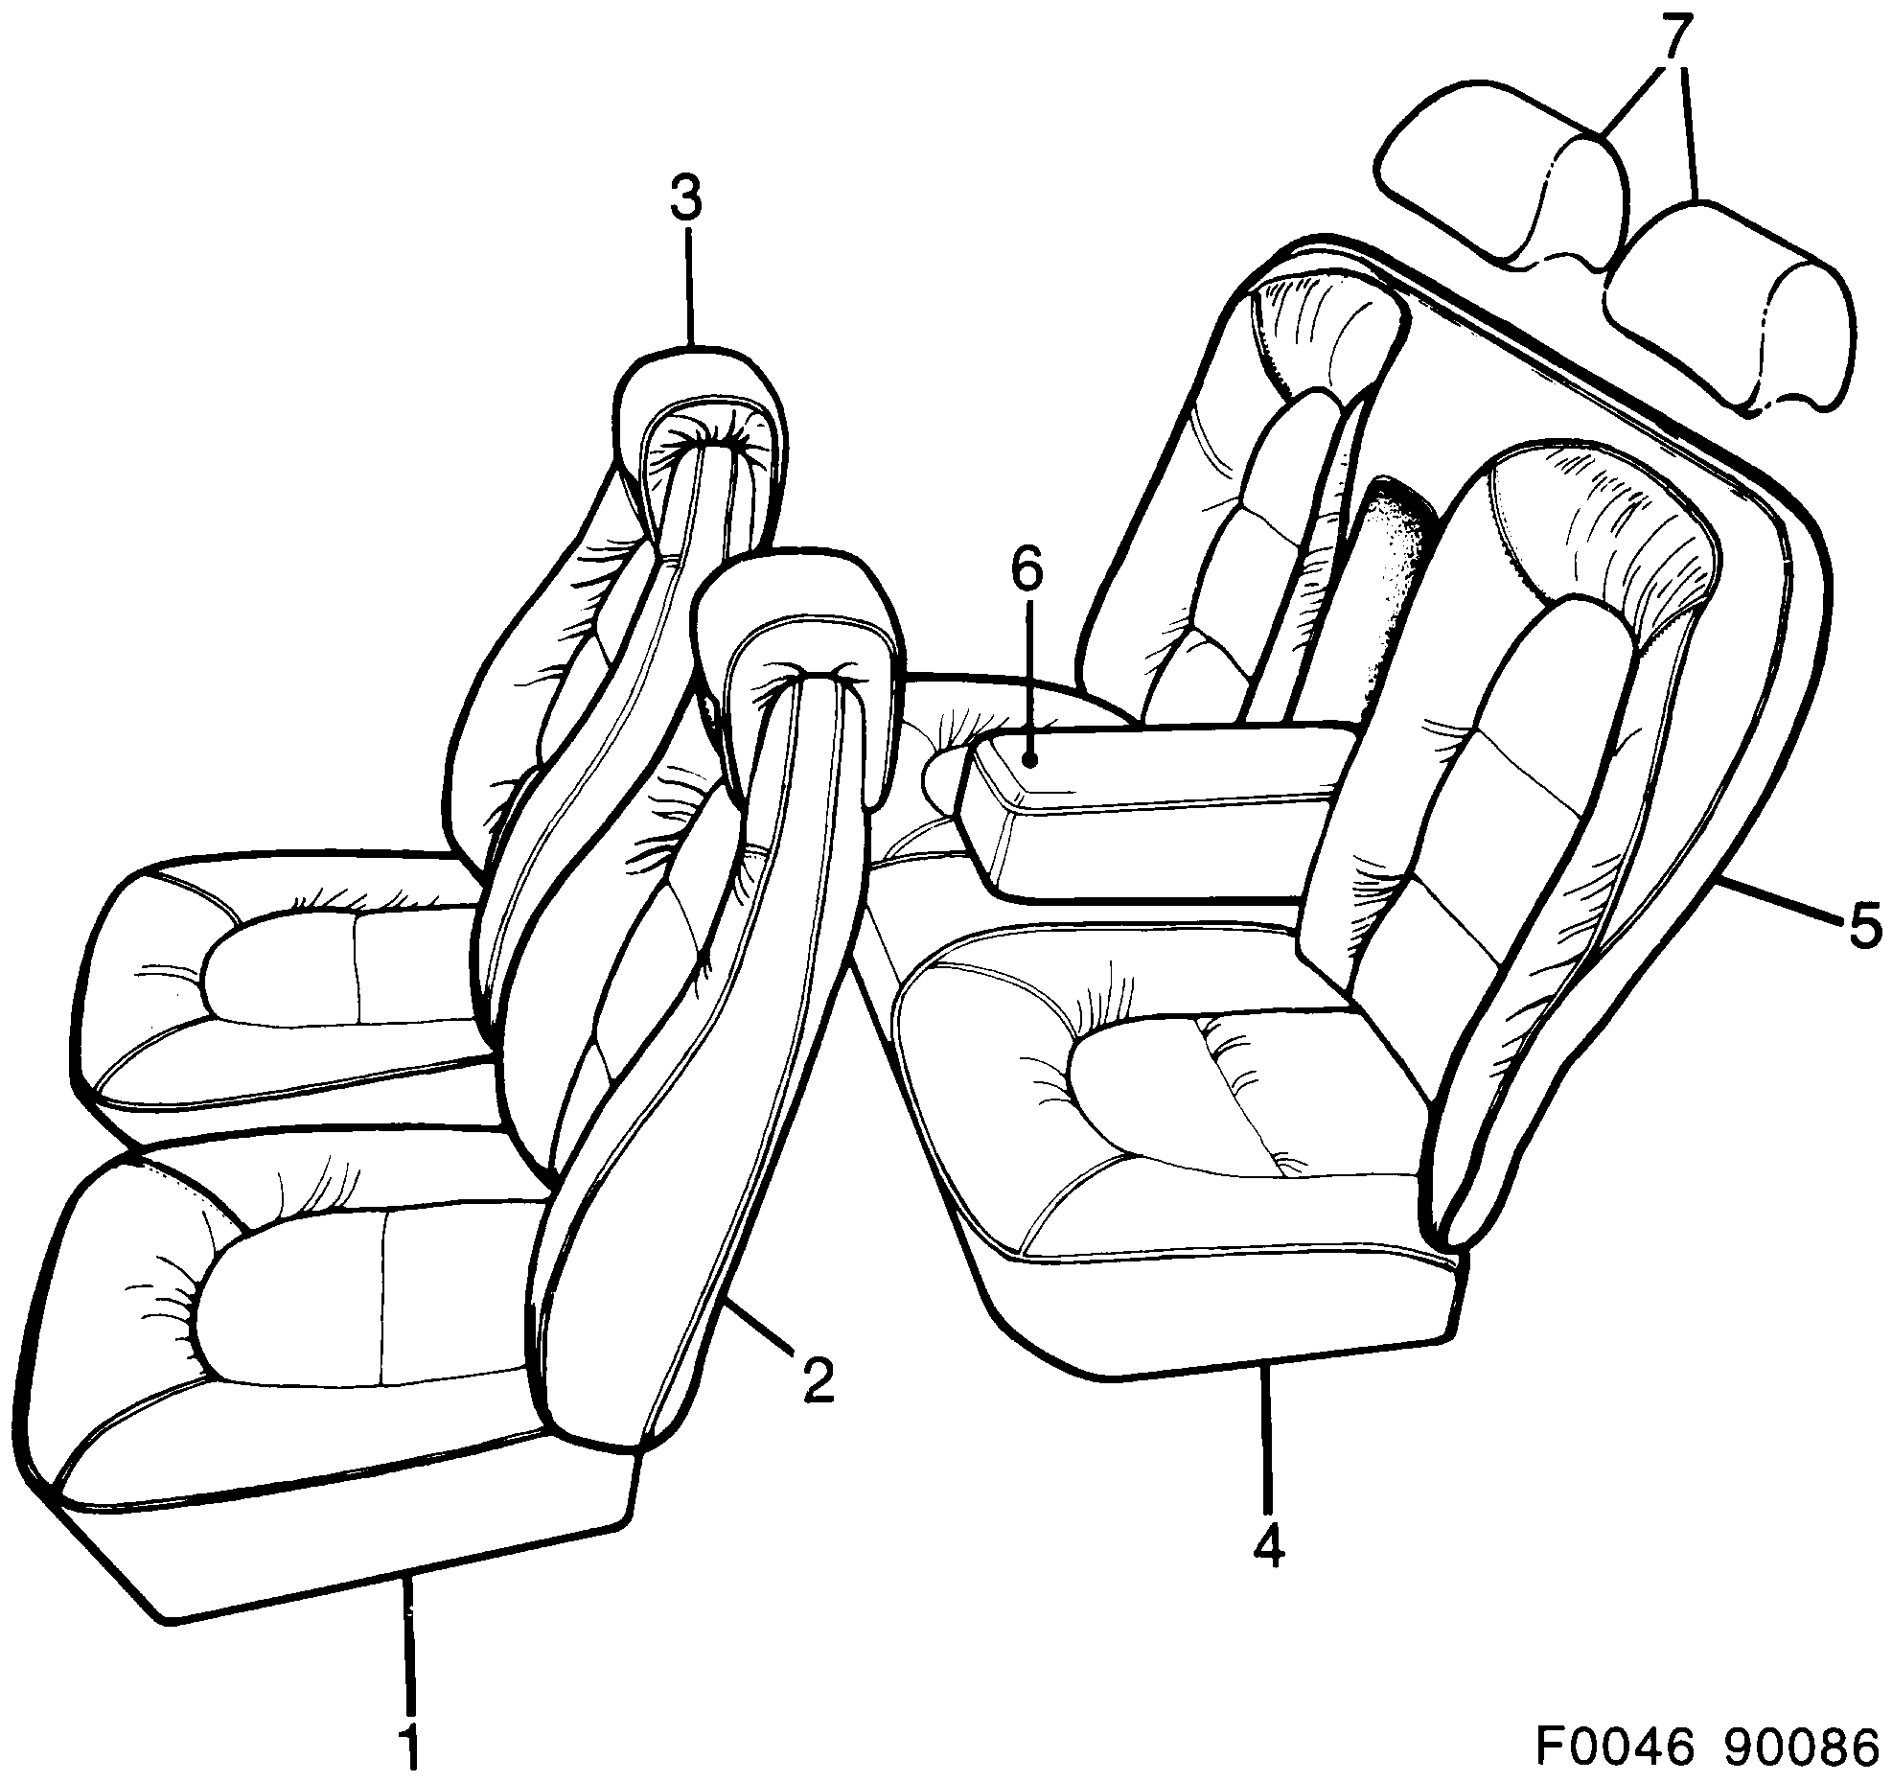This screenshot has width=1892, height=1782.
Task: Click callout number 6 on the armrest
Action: [x=1026, y=572]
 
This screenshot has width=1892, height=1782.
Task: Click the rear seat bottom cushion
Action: [x=1179, y=1150]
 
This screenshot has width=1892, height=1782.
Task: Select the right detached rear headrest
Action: [x=1725, y=307]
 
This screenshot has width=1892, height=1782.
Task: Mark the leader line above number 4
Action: [x=1267, y=1447]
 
